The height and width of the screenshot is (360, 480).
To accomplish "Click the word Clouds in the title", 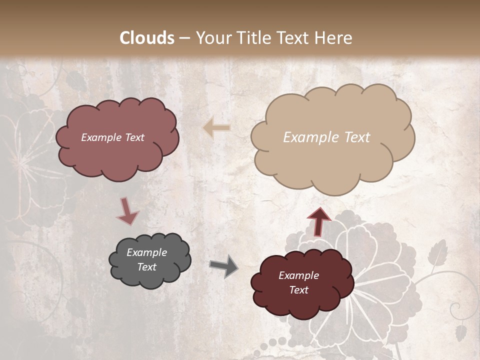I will pyautogui.click(x=147, y=38).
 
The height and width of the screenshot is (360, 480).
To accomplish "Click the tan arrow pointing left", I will pyautogui.click(x=216, y=128).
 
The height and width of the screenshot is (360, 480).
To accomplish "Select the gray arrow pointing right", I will pyautogui.click(x=224, y=265).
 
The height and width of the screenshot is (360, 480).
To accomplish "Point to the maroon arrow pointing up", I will pyautogui.click(x=318, y=221).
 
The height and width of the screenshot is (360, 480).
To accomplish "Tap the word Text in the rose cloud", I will pyautogui.click(x=134, y=137).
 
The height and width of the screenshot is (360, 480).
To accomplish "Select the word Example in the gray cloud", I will pyautogui.click(x=146, y=252).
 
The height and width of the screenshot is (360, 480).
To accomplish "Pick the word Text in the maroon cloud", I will pyautogui.click(x=298, y=290).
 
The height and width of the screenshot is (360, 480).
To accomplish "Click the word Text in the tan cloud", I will pyautogui.click(x=357, y=137).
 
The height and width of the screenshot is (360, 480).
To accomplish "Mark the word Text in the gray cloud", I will pyautogui.click(x=146, y=267).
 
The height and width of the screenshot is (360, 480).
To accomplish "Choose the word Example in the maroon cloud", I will pyautogui.click(x=298, y=275).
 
